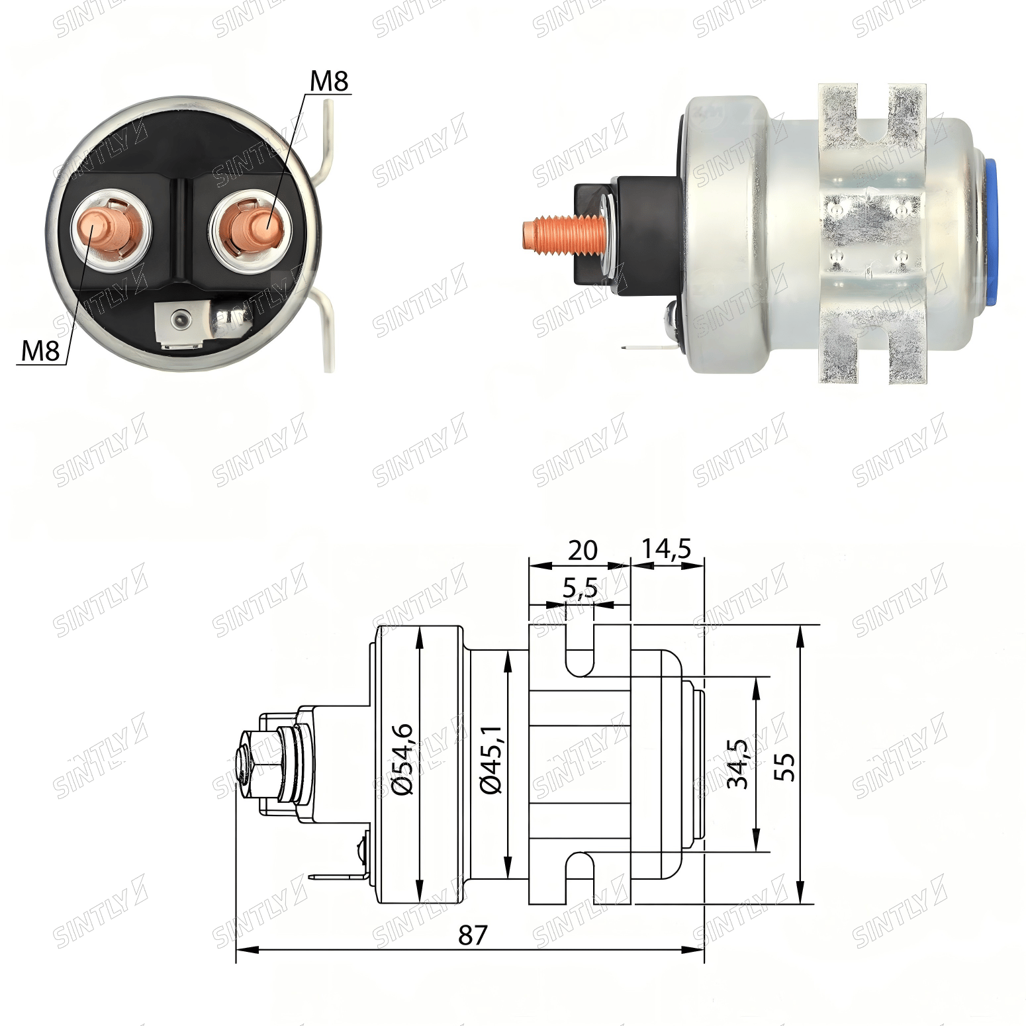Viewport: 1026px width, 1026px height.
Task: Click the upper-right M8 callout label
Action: (x=329, y=81)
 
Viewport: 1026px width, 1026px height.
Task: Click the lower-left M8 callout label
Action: (x=40, y=350)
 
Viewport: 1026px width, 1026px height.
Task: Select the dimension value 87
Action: (x=472, y=935)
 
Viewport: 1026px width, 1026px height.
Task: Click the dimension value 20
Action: (x=583, y=550)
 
